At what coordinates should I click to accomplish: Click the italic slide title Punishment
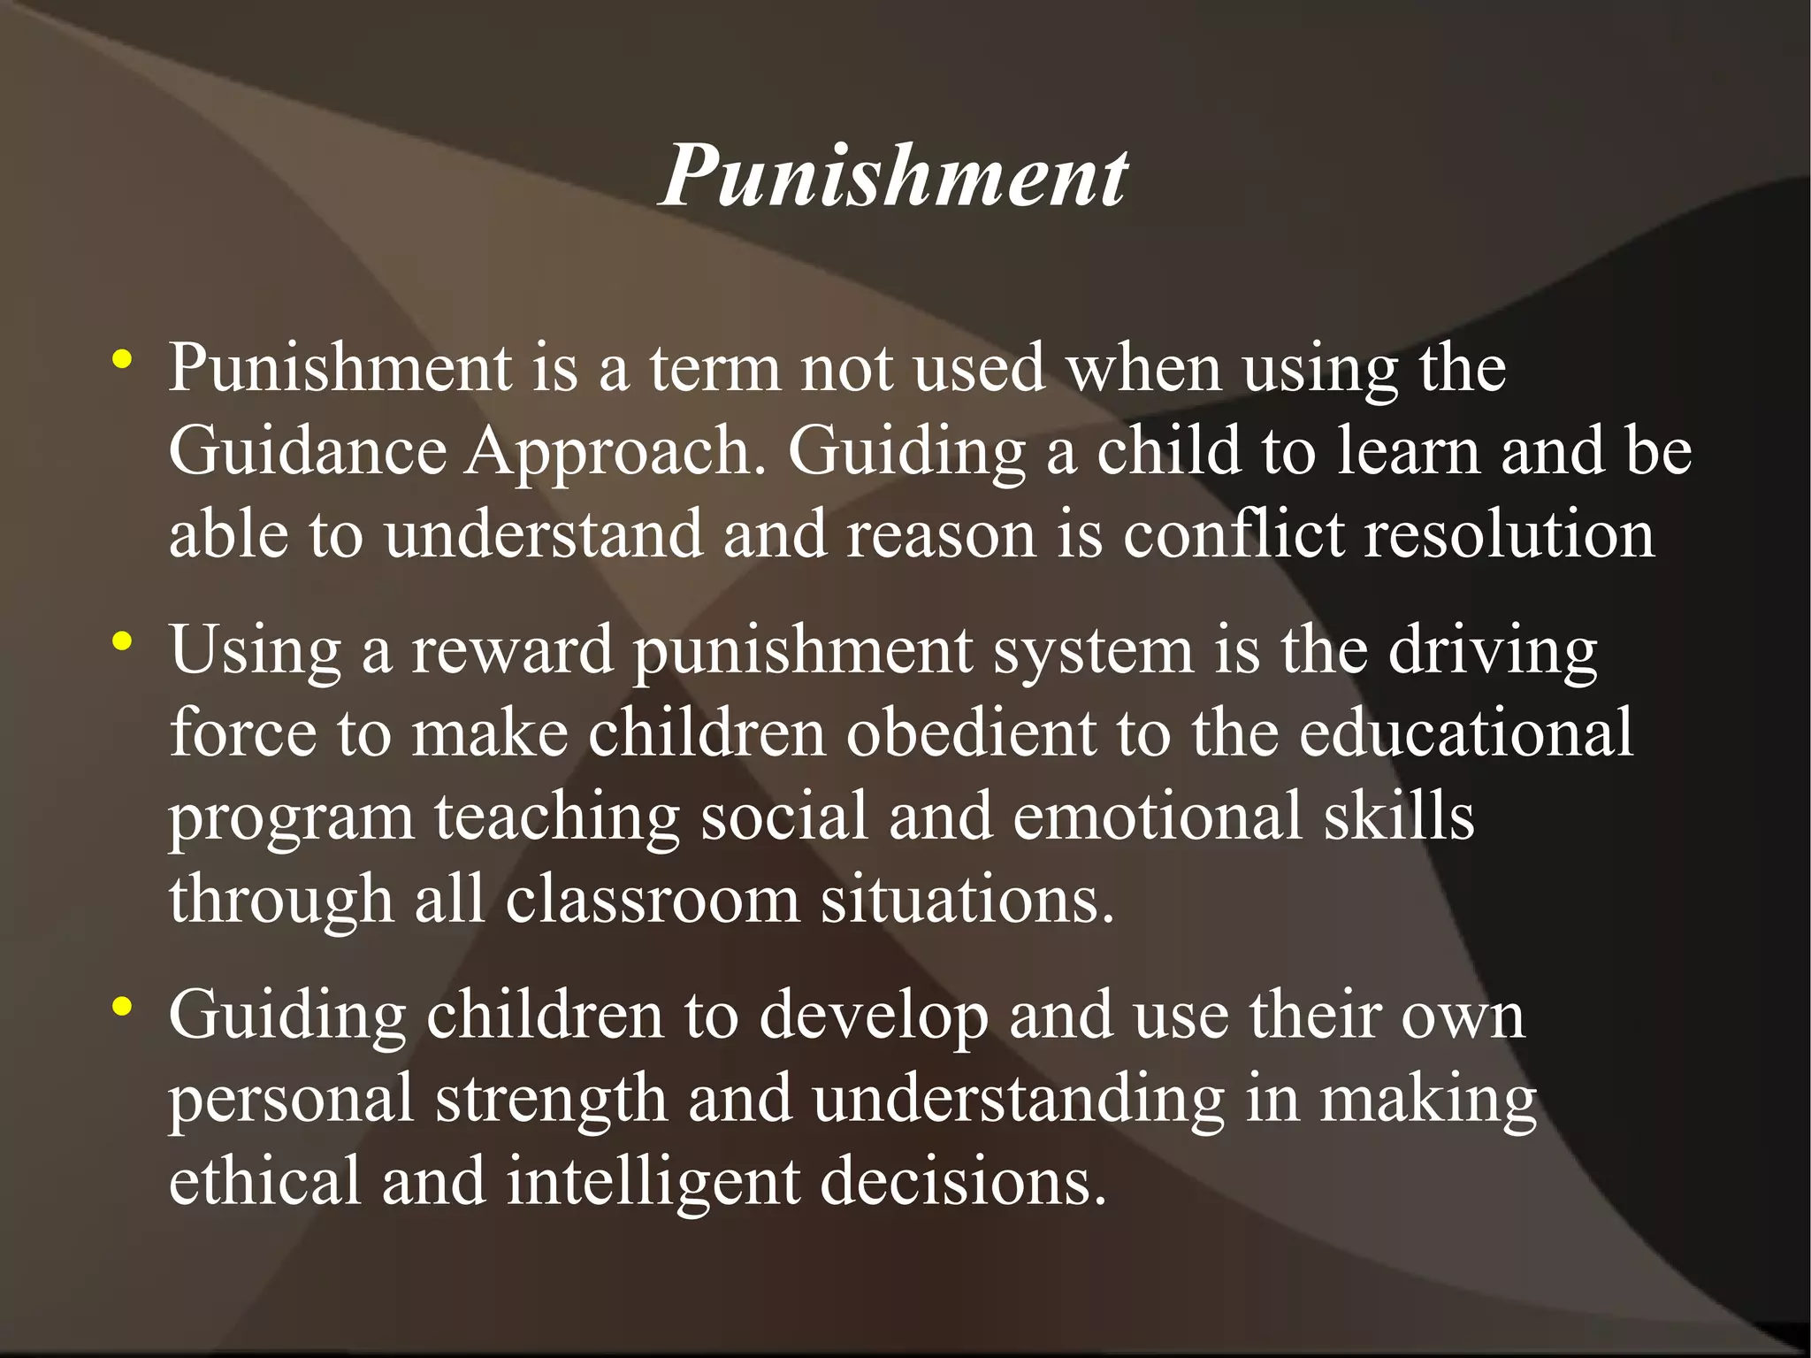[x=893, y=177]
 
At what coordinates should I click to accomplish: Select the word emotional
[x=1158, y=816]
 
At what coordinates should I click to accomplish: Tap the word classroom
[x=653, y=899]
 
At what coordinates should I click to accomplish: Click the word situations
[x=967, y=899]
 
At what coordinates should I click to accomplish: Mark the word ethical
[x=265, y=1181]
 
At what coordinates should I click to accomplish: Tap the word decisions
[x=963, y=1181]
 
